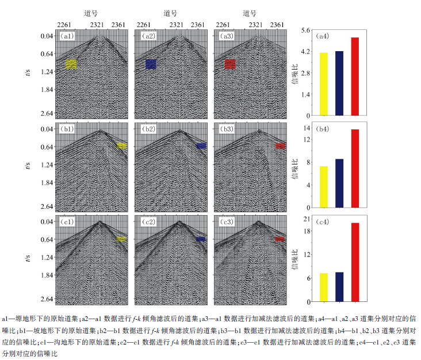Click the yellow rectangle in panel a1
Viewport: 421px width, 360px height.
(71, 64)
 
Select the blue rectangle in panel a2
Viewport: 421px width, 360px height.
(151, 64)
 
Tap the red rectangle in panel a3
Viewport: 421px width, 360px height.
(230, 64)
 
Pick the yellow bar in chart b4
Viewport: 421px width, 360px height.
(324, 187)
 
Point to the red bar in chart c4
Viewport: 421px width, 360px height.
(354, 262)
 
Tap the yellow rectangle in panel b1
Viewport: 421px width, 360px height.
(121, 145)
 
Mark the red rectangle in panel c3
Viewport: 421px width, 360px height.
(280, 239)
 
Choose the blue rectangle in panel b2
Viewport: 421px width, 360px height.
(201, 145)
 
